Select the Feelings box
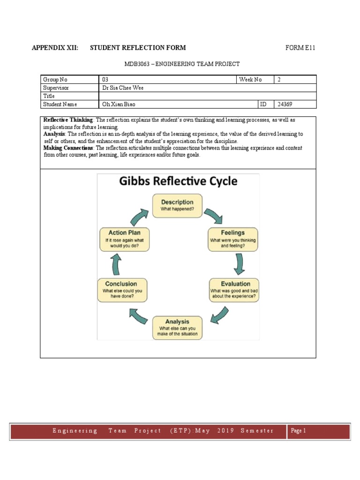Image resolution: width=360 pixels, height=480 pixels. click(233, 239)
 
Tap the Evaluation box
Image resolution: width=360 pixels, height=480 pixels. click(233, 290)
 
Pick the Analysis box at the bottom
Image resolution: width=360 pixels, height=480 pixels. click(177, 328)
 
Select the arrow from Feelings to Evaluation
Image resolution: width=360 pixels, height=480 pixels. click(240, 263)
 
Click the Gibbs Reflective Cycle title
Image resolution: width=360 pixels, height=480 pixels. click(178, 181)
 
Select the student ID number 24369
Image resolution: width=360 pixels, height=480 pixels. click(285, 105)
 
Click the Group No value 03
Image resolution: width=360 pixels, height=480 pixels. click(105, 79)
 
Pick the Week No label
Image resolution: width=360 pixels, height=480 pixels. click(250, 79)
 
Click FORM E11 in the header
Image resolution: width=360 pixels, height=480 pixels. click(303, 48)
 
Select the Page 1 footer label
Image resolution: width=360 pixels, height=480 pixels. click(298, 431)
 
